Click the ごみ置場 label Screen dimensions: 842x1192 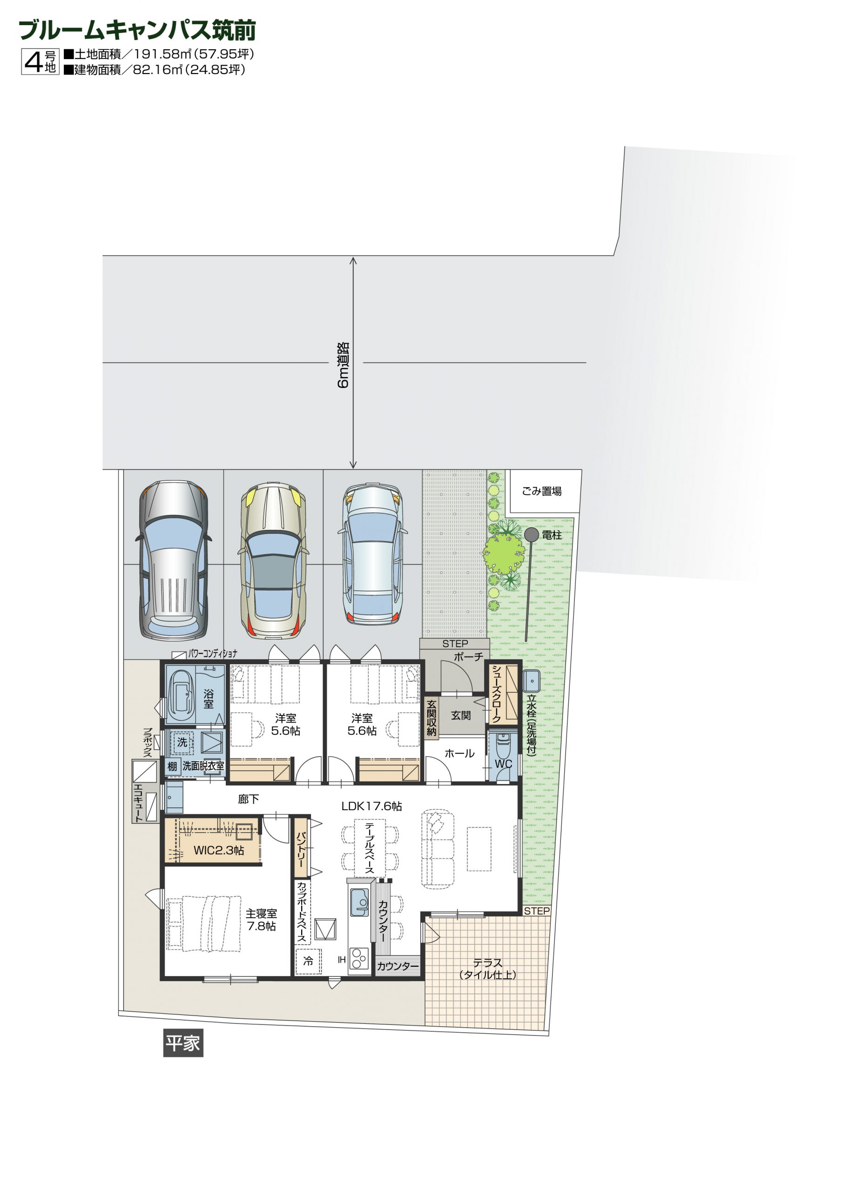tap(541, 491)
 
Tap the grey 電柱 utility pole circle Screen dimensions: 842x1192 tap(531, 534)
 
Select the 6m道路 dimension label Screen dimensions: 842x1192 tap(343, 365)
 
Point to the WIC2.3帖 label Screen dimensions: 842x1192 tap(219, 850)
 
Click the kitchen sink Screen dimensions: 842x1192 tap(359, 903)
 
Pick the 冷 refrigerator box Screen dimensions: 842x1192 tap(308, 962)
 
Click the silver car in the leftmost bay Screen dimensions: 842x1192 tap(174, 560)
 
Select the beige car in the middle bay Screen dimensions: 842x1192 tap(273, 561)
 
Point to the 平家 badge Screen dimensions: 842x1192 tap(183, 1043)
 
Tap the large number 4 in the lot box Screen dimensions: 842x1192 tap(33, 62)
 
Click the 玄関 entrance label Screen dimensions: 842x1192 tap(461, 715)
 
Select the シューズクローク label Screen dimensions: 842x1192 tap(496, 694)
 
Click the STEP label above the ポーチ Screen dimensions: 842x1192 tap(455, 644)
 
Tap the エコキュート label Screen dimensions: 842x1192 tap(138, 803)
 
